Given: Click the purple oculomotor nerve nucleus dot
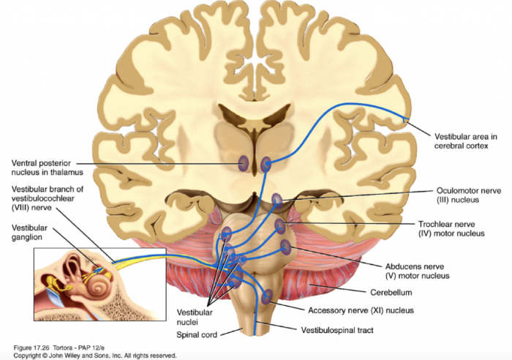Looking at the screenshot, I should [277, 198].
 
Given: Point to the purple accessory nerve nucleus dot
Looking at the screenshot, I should [267, 295].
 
